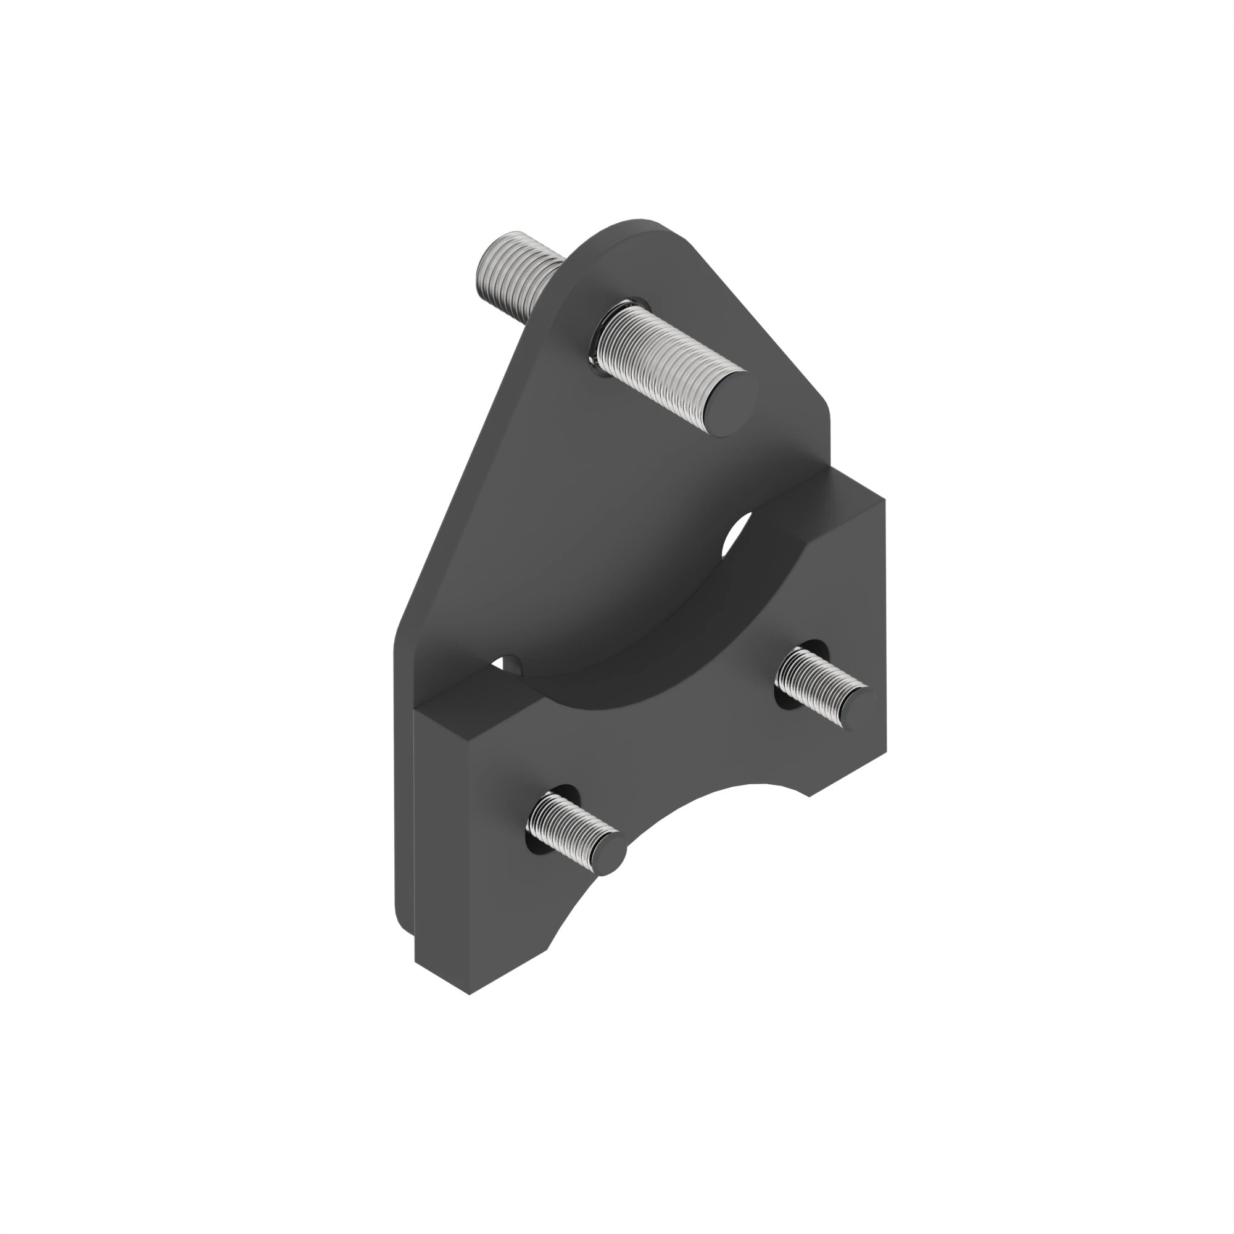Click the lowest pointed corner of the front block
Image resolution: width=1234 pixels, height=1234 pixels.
(470, 994)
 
